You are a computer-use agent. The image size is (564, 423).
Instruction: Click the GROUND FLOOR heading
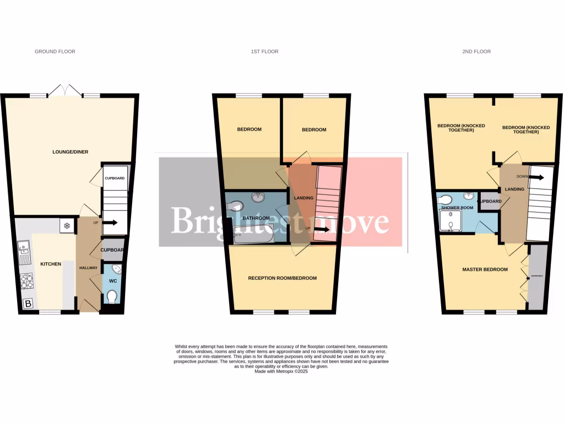click(55, 52)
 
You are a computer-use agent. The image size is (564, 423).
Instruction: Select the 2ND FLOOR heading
click(476, 52)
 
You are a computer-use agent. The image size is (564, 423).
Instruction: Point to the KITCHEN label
click(51, 264)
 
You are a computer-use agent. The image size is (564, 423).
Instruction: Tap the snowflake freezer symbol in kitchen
click(67, 226)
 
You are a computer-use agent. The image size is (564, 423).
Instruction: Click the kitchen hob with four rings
click(26, 281)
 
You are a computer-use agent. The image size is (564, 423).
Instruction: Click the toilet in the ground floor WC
click(112, 297)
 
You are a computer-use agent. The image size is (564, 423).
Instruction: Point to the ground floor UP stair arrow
click(109, 223)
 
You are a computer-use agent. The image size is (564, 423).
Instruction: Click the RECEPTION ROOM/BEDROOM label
click(283, 278)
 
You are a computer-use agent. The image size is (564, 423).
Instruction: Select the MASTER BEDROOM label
click(484, 269)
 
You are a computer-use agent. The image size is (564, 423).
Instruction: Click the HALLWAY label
click(89, 268)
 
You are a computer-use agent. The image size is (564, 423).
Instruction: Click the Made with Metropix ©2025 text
click(282, 372)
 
